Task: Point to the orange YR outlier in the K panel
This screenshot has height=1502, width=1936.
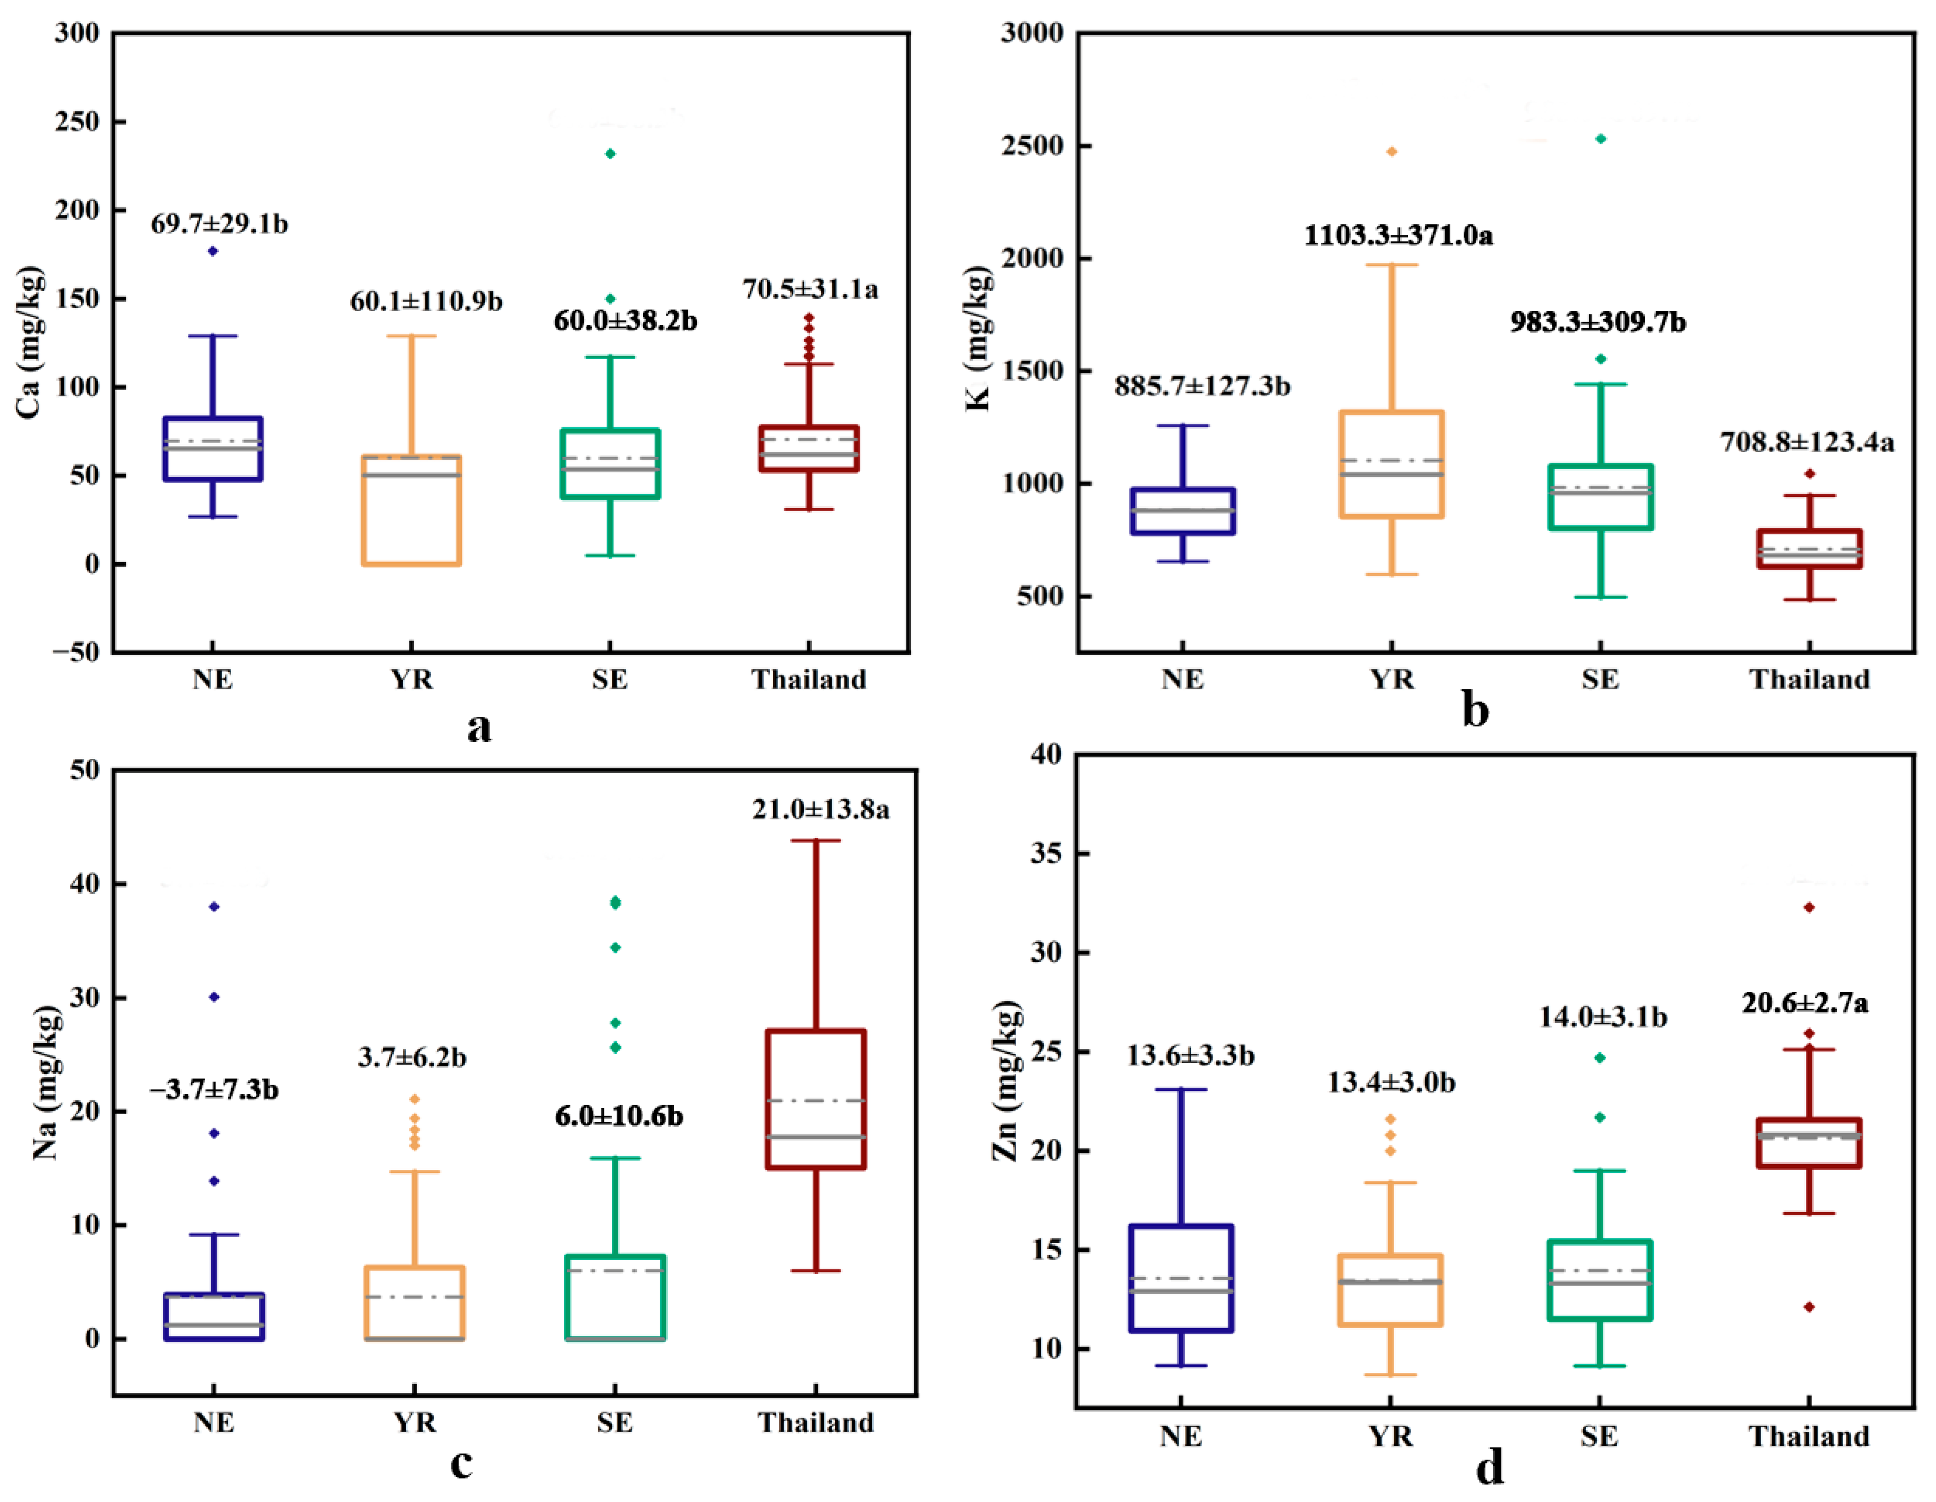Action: click(x=1392, y=151)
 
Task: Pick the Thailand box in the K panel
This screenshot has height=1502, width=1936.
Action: click(x=1809, y=548)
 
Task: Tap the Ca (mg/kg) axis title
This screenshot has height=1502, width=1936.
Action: click(x=29, y=341)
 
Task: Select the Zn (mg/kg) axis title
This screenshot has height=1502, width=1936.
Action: click(x=1005, y=1081)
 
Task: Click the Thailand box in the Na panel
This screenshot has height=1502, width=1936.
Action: click(x=815, y=1099)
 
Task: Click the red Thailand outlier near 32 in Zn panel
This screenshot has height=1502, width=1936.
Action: click(x=1809, y=907)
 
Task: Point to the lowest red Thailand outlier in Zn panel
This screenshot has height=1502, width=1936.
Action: click(x=1809, y=1307)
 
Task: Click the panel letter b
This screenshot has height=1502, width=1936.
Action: click(x=1475, y=711)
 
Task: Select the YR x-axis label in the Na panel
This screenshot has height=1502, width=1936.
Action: click(x=415, y=1423)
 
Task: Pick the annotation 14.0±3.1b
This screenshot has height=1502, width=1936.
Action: click(x=1603, y=1017)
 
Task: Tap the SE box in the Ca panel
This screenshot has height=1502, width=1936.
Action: click(x=610, y=464)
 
